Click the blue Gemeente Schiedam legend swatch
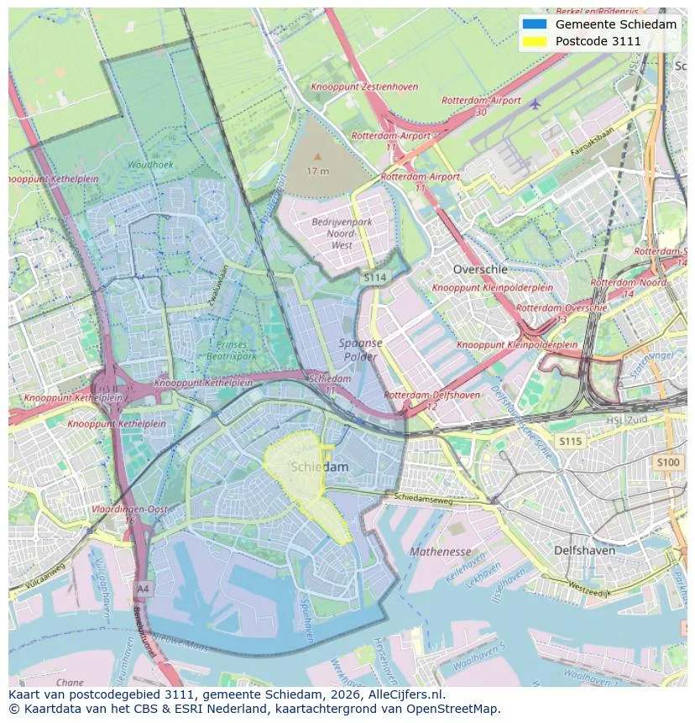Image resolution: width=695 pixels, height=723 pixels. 533,24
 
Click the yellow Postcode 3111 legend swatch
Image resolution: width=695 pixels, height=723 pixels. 533,41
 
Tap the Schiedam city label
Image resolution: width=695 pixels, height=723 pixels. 319,467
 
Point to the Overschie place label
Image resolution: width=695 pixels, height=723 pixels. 480,270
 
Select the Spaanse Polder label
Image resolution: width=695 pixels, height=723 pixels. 361,349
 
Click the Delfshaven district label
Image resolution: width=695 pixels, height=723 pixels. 584,551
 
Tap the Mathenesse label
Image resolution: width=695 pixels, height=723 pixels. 441,552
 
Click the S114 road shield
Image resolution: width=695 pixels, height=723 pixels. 375,276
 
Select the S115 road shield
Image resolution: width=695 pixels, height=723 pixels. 570,441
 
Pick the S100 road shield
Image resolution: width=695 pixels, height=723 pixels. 668,463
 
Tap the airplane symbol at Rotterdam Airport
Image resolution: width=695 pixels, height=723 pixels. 536,103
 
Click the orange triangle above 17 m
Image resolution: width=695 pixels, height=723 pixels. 317,156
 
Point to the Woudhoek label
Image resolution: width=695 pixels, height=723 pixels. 151,165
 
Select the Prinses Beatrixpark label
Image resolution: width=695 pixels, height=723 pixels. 232,350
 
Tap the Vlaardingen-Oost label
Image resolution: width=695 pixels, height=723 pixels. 130,510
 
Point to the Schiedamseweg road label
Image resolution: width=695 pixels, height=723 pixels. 423,499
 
